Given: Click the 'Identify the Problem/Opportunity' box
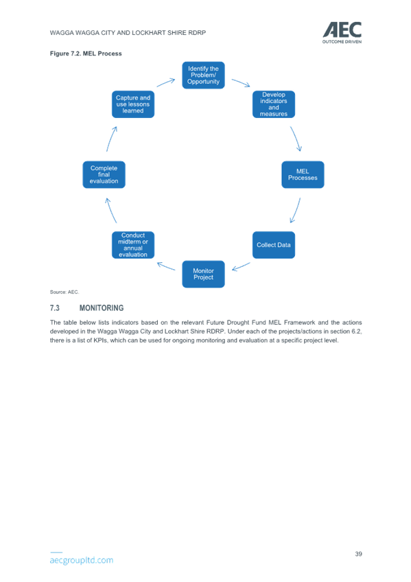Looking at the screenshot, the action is click(x=203, y=75).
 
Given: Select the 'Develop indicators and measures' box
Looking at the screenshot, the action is click(x=274, y=104).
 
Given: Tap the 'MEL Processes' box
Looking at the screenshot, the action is click(x=303, y=174).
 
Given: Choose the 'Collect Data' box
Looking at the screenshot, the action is click(x=274, y=245).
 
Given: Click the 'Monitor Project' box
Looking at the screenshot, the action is click(x=203, y=274).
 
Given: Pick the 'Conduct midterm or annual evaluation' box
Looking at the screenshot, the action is click(x=133, y=245).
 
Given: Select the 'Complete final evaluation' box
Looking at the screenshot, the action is click(x=104, y=174).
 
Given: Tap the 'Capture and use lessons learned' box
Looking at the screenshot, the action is click(x=133, y=104).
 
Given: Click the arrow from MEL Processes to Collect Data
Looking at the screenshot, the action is click(x=296, y=211).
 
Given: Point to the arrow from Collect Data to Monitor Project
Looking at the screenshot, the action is click(x=241, y=266).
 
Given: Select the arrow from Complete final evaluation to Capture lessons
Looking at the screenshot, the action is click(x=111, y=139).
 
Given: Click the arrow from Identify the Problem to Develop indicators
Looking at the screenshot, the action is click(x=241, y=82).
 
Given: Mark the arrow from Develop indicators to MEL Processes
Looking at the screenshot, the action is click(x=296, y=139).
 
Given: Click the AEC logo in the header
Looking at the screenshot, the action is click(x=342, y=33).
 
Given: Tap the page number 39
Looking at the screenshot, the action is click(x=358, y=554).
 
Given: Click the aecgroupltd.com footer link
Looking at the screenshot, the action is click(x=82, y=560).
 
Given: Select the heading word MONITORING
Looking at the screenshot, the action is click(x=102, y=308).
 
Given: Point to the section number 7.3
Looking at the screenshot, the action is click(x=54, y=308).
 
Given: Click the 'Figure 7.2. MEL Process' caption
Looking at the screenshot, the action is click(x=86, y=54).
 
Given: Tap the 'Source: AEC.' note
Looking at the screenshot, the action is click(x=64, y=292).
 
